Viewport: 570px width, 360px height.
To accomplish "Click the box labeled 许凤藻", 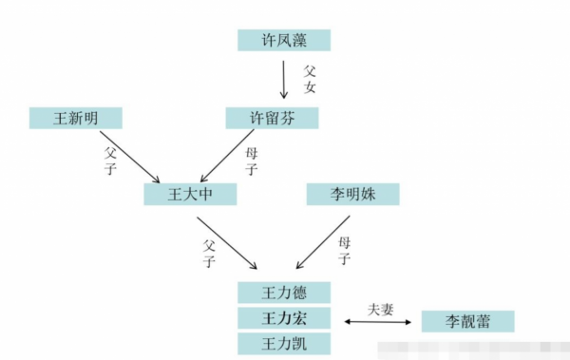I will (x=283, y=40).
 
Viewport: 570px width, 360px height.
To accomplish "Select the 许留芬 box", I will (x=271, y=118).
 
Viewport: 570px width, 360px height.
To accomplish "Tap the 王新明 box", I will (x=76, y=118).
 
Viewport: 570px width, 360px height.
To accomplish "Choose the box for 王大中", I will (x=189, y=195).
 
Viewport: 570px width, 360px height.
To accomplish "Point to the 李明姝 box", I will (x=352, y=195).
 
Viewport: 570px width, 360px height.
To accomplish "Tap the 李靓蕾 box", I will (x=466, y=322).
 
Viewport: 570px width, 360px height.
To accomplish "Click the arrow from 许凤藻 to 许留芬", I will (x=283, y=79).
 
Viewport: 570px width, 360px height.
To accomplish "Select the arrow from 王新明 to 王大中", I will (x=128, y=158).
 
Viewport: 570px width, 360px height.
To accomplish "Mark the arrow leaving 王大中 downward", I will (x=229, y=242).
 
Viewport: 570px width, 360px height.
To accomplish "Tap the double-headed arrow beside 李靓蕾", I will (x=378, y=323).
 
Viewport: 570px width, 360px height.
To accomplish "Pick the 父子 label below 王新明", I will (x=107, y=156).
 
